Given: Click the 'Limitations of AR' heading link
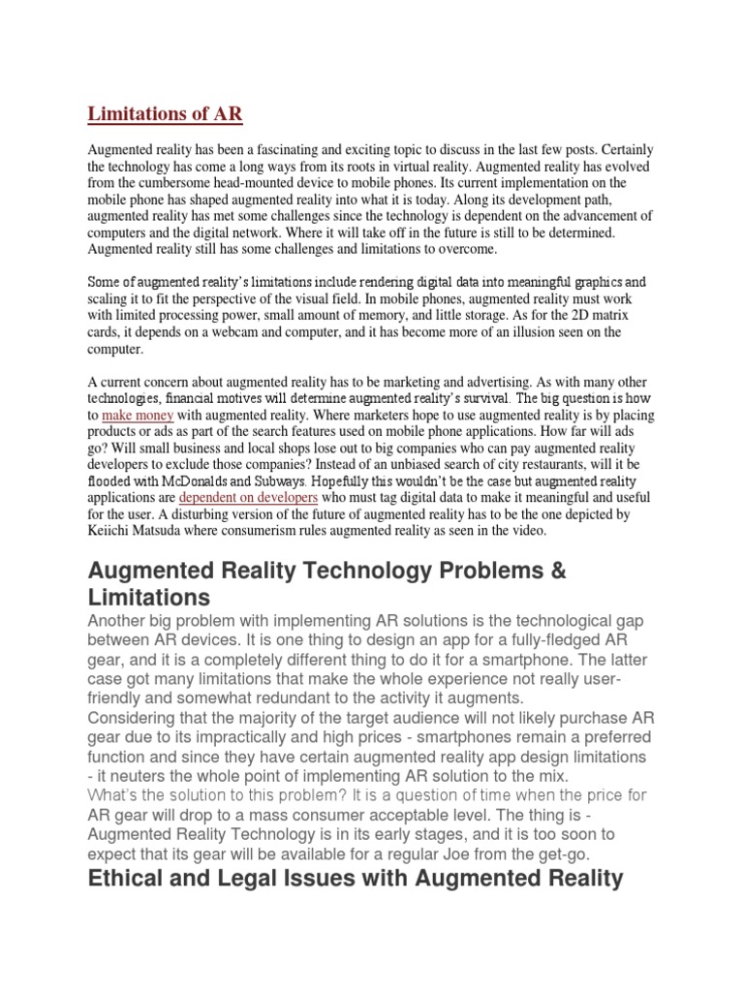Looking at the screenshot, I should coord(165,114).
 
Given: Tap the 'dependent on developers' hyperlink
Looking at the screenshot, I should coord(249,497).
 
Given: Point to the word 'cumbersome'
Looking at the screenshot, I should coord(184,182).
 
